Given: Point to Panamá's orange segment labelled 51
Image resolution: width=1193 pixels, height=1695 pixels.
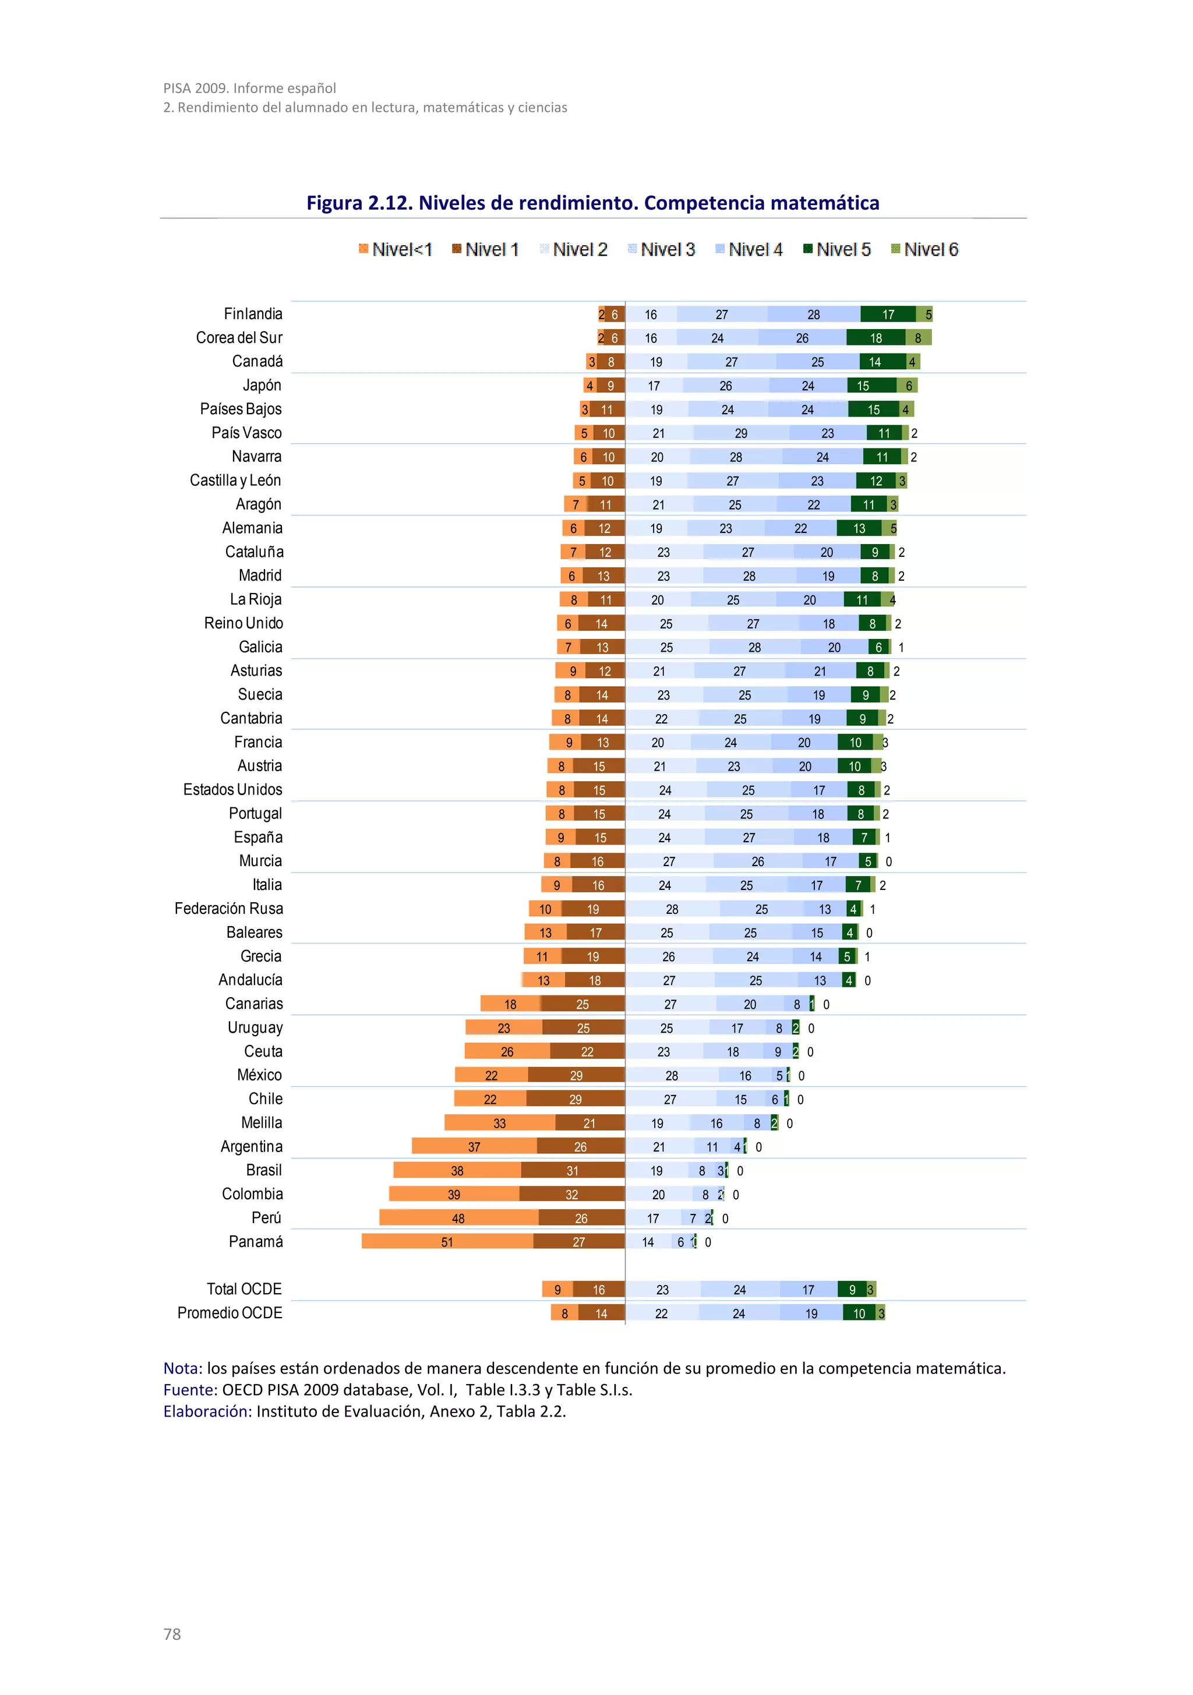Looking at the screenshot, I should click(447, 1242).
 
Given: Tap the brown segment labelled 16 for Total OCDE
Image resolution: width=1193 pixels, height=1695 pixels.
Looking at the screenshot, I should click(598, 1290).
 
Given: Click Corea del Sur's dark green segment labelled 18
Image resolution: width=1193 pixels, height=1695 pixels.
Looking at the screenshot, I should click(875, 338).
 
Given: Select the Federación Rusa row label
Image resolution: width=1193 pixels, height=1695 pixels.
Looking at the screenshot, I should click(228, 909).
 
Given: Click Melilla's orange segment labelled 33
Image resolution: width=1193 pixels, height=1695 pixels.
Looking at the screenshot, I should click(499, 1123).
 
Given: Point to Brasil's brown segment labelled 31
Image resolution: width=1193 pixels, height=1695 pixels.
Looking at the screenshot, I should click(572, 1171).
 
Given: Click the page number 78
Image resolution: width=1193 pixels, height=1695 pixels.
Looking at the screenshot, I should click(172, 1634).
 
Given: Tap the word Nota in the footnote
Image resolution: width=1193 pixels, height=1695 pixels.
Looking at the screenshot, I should click(182, 1368).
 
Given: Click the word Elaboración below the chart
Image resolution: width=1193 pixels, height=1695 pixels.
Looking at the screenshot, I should click(207, 1411).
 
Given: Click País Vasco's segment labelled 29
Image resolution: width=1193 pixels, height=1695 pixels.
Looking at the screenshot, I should click(740, 433).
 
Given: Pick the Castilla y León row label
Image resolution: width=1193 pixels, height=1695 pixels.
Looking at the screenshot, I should click(235, 481).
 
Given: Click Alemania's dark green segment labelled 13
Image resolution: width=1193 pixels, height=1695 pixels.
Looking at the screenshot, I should click(859, 528).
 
